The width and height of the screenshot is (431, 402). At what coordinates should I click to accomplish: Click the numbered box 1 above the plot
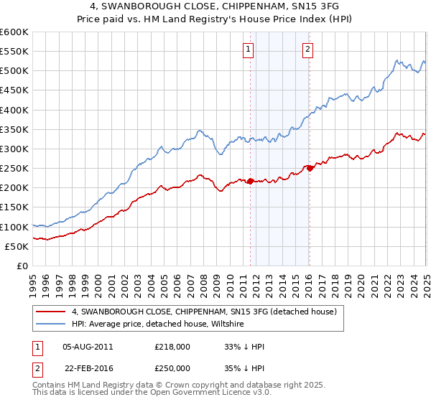coord(248,50)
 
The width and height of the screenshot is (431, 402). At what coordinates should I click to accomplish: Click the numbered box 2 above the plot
coord(307,50)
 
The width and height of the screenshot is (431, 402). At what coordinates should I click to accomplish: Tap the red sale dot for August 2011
coord(251,181)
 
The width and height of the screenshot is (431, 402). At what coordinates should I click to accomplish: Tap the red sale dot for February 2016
coord(310,168)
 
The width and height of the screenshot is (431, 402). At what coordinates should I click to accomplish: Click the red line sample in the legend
coord(51,312)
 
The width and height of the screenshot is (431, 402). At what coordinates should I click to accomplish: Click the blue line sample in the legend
coord(51,324)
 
